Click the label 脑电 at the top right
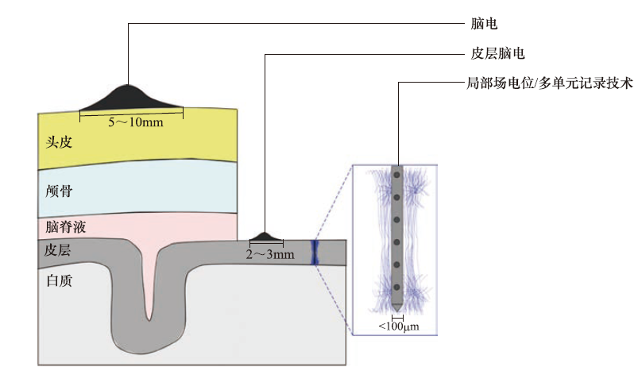483,25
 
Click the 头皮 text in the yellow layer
60,141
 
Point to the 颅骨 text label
60,191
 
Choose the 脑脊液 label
66,227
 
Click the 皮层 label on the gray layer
59,250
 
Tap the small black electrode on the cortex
265,237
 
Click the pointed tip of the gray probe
396,309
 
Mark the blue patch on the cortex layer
315,253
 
